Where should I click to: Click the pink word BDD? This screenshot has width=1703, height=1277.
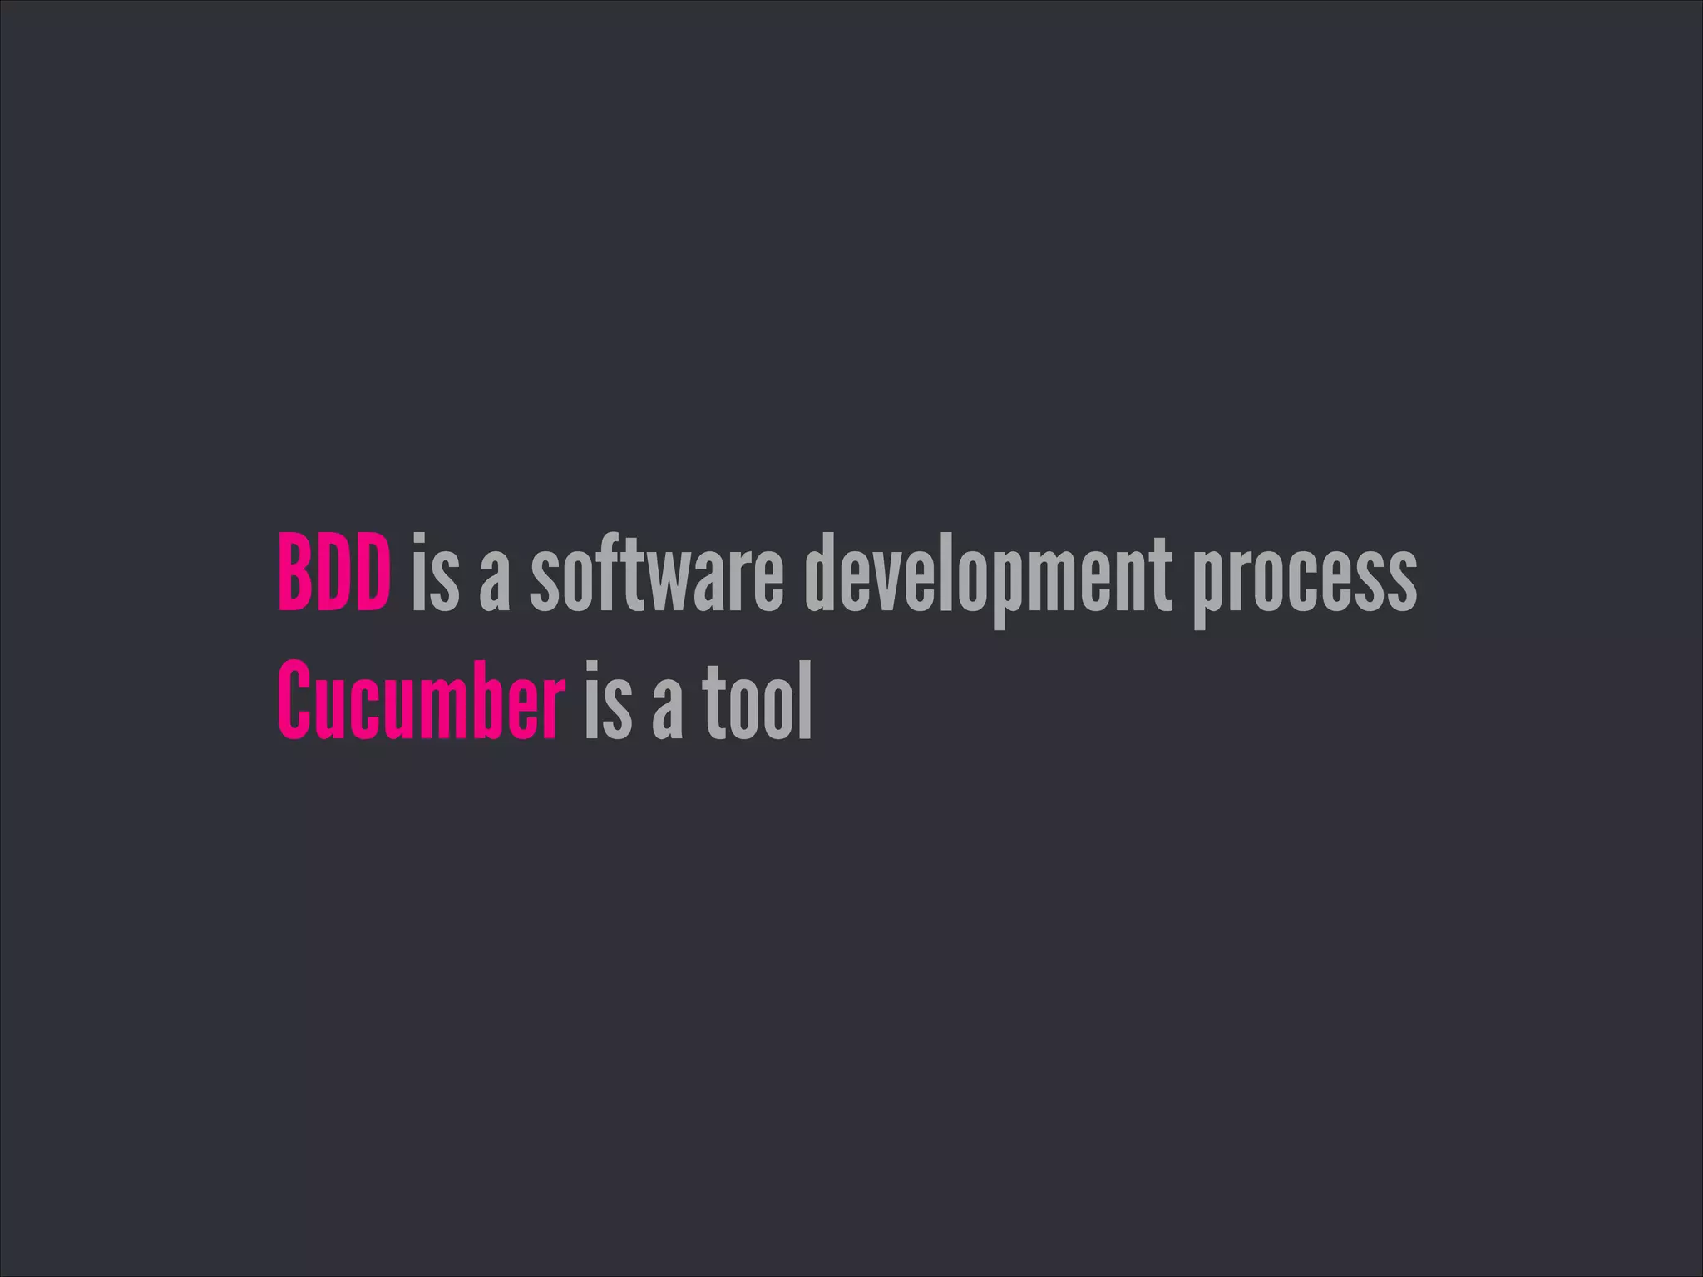point(333,573)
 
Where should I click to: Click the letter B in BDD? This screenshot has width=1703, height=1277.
point(294,573)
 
